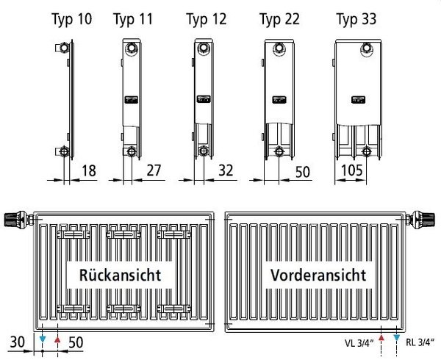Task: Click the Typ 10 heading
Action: (x=72, y=19)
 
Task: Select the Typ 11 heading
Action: (x=133, y=19)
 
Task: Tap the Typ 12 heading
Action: (x=207, y=19)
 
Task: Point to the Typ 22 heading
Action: (x=279, y=19)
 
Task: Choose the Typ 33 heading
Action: (x=356, y=19)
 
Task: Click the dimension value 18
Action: (x=89, y=170)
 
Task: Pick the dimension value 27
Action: (x=154, y=170)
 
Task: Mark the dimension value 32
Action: (x=226, y=170)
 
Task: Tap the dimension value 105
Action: (x=352, y=170)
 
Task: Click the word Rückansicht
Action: (x=121, y=275)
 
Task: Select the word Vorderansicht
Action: (x=318, y=275)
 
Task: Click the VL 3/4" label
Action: (x=359, y=342)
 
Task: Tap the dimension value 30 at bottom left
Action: (x=18, y=342)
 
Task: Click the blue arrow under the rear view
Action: (x=43, y=339)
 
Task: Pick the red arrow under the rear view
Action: (x=57, y=339)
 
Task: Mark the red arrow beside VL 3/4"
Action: (x=381, y=337)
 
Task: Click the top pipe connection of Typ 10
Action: (x=62, y=48)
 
